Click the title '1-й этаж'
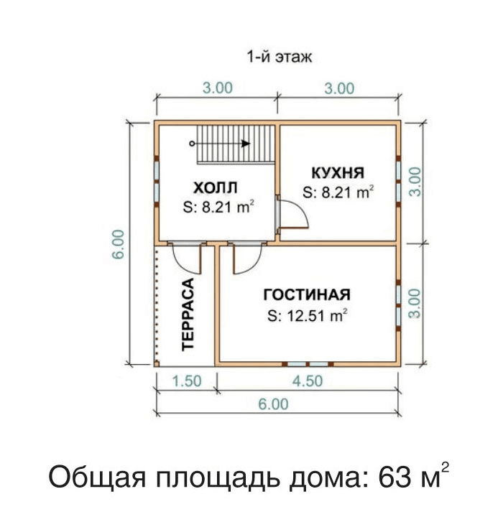(279, 57)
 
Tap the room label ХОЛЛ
(216, 187)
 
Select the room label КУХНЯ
(338, 173)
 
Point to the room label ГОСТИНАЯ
(307, 295)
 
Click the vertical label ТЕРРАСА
(188, 314)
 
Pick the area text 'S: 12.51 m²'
(307, 315)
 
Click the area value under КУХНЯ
(338, 192)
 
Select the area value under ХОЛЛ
(218, 207)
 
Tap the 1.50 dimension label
(187, 381)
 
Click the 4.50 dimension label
(308, 381)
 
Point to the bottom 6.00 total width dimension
(273, 404)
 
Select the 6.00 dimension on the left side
(119, 244)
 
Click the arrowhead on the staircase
(246, 144)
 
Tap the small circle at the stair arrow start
(192, 144)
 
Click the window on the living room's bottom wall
(308, 364)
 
